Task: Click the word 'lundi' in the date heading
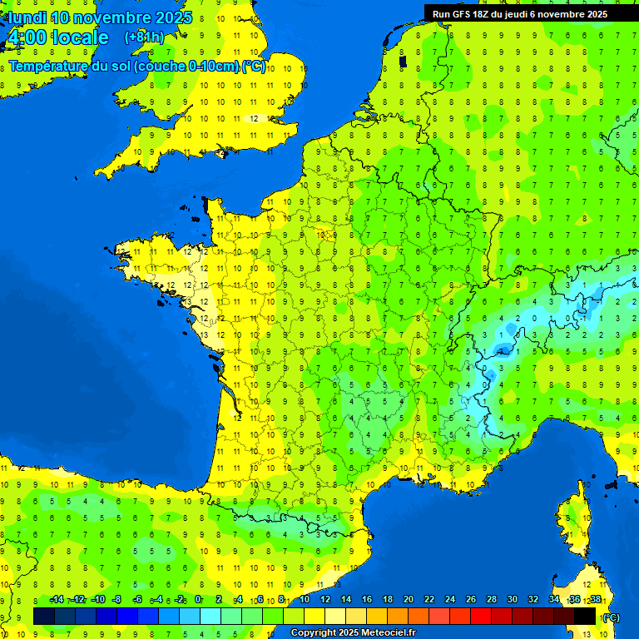point(27,17)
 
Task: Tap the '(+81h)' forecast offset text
point(144,37)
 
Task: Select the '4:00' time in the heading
point(25,37)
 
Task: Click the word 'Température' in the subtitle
point(48,67)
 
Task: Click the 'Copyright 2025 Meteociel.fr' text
point(353,632)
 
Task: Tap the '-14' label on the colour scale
point(57,599)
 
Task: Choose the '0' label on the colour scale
point(198,599)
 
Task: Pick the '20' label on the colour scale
point(408,599)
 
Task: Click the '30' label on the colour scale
point(512,599)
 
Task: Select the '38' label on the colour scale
point(596,599)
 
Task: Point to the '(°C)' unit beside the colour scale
point(611,617)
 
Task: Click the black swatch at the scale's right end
point(585,616)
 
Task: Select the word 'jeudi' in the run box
point(533,13)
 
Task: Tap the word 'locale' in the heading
point(80,37)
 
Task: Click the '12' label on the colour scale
point(324,599)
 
